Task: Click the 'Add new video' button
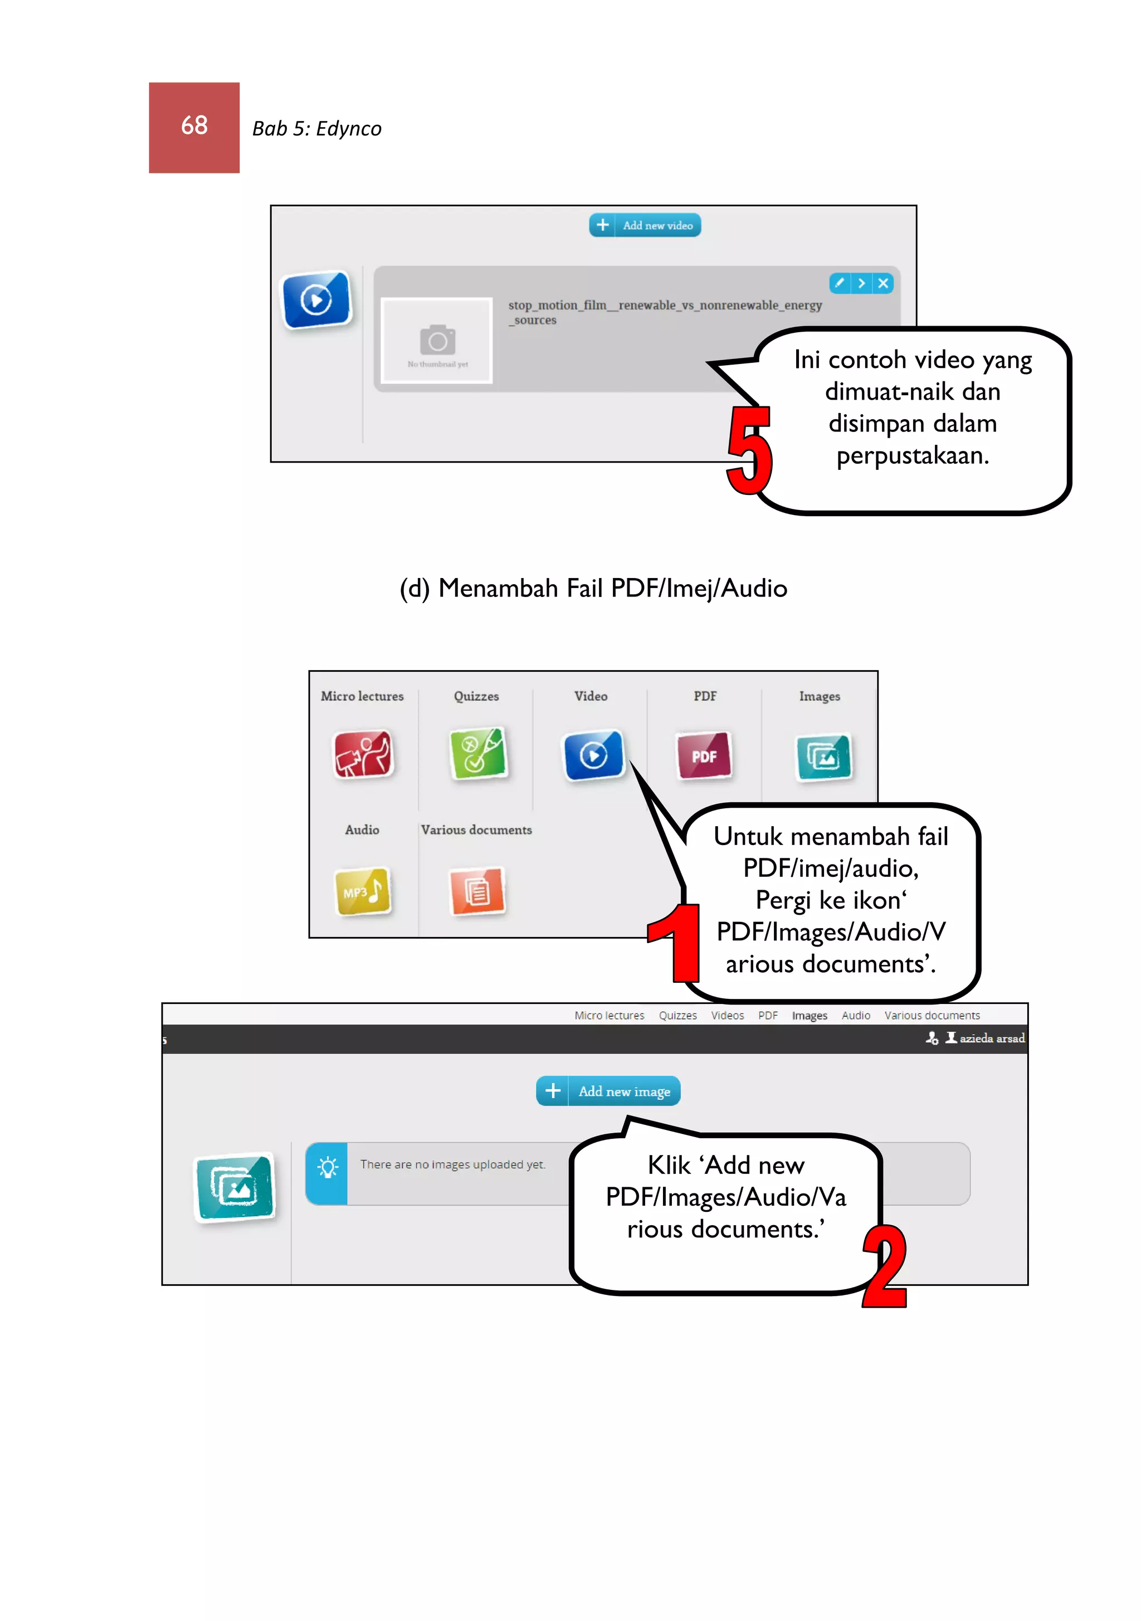point(645,225)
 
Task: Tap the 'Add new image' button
point(608,1091)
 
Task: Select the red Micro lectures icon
point(363,754)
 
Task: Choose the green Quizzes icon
point(477,754)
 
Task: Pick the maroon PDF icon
point(704,755)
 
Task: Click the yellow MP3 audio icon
point(363,891)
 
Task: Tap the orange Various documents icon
point(477,891)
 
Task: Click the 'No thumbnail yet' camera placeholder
point(437,341)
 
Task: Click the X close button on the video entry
point(882,283)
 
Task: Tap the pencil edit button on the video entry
point(839,283)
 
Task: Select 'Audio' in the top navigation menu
point(855,1015)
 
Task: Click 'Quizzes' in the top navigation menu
point(677,1015)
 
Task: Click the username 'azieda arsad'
point(991,1038)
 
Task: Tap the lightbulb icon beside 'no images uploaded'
point(326,1167)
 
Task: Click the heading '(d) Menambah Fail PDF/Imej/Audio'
point(593,588)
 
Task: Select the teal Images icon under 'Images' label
point(823,757)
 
